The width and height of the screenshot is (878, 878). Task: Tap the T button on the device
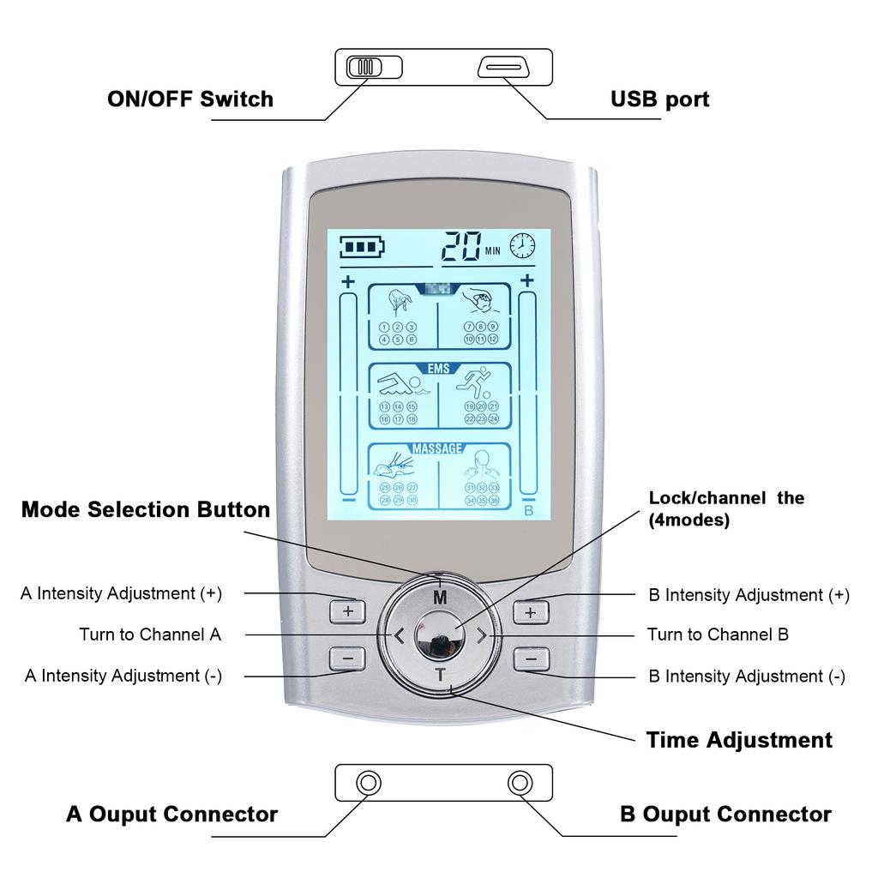point(440,674)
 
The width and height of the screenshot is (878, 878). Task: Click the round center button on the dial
point(439,635)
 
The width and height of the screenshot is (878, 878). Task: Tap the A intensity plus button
point(347,611)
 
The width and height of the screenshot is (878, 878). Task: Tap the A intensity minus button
point(347,658)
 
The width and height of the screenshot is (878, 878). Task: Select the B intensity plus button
point(531,611)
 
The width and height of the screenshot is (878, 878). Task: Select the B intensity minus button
point(531,658)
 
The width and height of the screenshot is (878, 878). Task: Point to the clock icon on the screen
point(522,246)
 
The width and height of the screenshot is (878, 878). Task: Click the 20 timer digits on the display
point(461,246)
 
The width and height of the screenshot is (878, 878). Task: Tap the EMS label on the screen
point(439,368)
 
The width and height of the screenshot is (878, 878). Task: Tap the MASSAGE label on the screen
point(437,448)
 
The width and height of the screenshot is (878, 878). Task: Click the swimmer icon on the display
point(399,384)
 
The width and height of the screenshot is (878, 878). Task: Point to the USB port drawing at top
point(506,67)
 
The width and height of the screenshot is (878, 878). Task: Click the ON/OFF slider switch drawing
point(373,67)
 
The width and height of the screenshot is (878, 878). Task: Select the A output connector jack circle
point(369,782)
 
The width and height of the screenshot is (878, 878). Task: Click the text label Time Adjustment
point(738,740)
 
